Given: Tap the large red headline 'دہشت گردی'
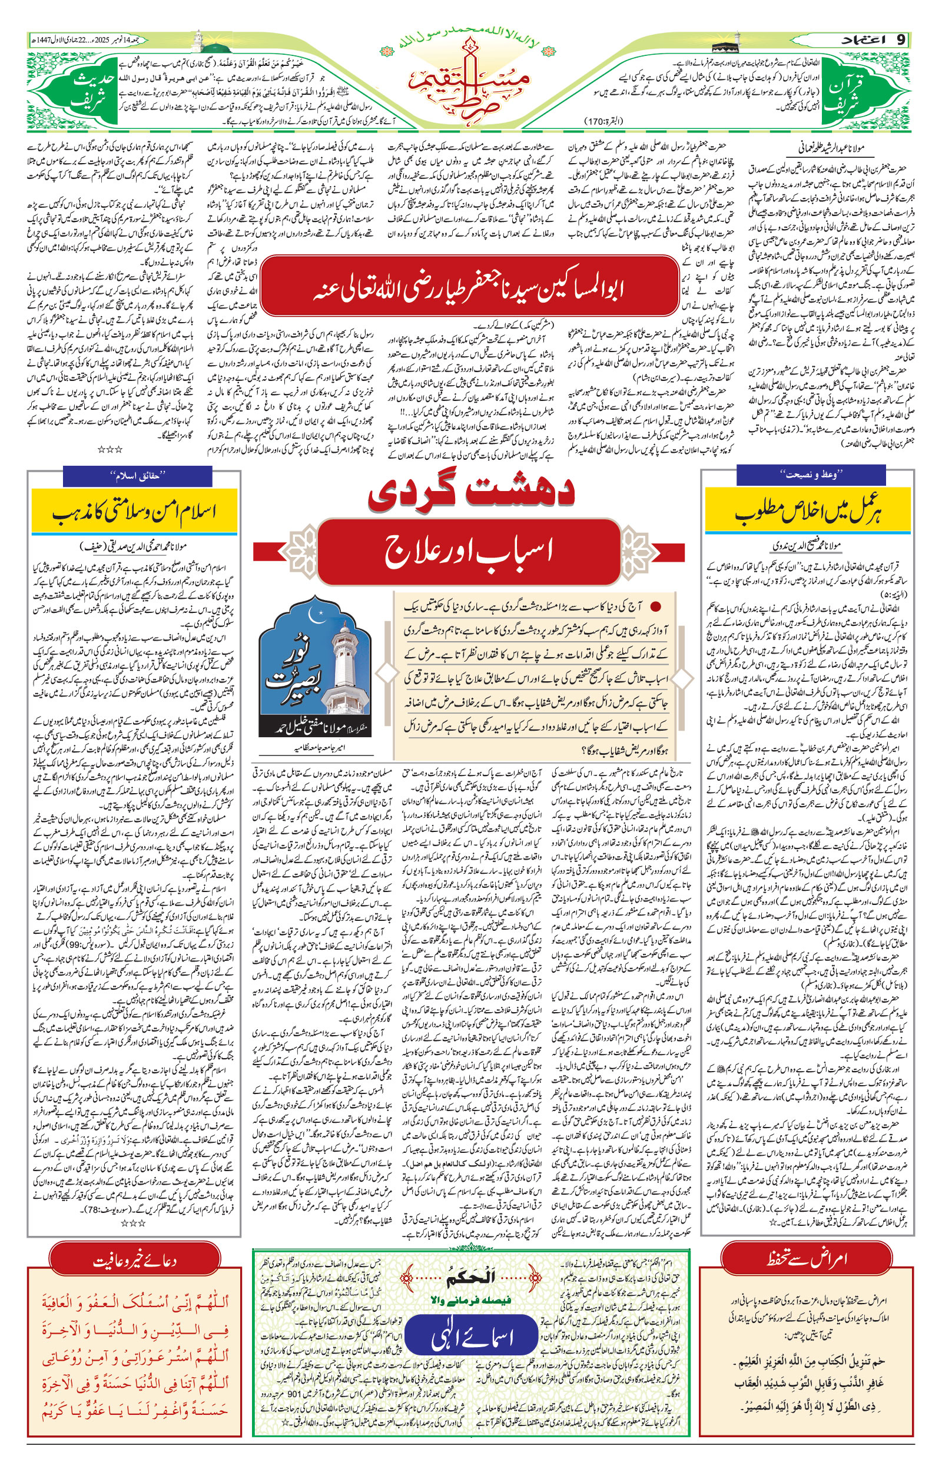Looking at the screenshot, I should pos(470,493).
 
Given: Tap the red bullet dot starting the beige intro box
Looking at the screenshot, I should pos(656,606).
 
